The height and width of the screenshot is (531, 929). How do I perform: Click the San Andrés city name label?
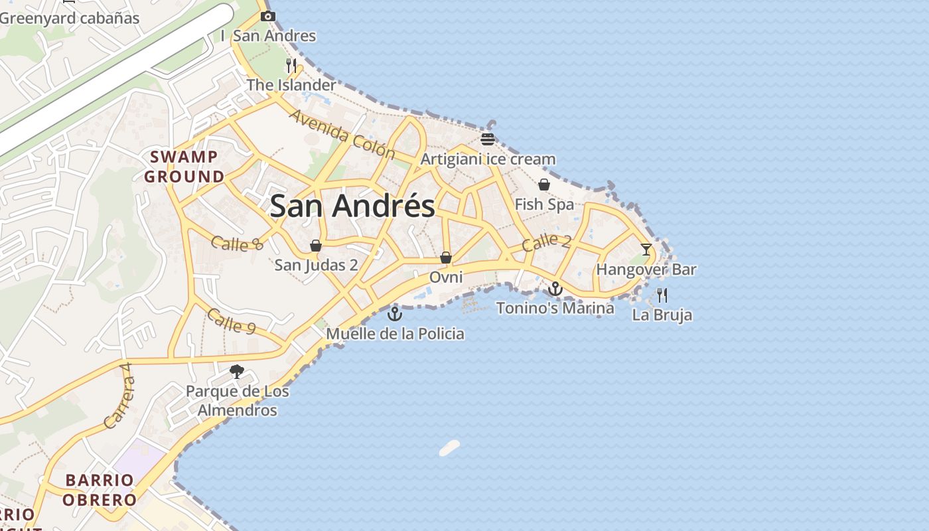[352, 206]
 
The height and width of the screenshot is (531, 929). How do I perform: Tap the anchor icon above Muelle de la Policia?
[395, 313]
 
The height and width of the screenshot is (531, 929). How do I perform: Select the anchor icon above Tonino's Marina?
[555, 288]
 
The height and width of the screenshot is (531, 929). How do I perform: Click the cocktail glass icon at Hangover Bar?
[646, 250]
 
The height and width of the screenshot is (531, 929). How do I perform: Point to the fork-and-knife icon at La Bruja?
[662, 295]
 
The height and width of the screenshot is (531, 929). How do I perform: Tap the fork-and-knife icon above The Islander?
[291, 65]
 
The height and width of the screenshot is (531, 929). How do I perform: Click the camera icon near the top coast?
[267, 16]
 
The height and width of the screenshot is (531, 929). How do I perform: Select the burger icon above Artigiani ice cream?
[488, 139]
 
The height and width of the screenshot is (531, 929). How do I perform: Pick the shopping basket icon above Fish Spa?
[544, 185]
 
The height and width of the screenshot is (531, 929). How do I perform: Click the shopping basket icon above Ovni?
[446, 257]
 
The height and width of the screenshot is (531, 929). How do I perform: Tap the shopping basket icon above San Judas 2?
[316, 246]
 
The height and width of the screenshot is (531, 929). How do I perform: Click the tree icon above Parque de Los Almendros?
[236, 371]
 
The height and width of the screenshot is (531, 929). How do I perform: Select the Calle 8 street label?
[237, 244]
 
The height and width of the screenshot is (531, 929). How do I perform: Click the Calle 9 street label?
[231, 321]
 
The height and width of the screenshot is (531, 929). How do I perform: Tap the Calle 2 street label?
[545, 242]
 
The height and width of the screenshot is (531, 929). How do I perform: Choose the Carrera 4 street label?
[119, 396]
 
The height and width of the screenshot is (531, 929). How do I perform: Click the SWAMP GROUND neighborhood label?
[184, 167]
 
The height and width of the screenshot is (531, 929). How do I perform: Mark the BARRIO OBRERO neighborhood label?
[100, 490]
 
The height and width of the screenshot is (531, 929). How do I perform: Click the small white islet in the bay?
[449, 448]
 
